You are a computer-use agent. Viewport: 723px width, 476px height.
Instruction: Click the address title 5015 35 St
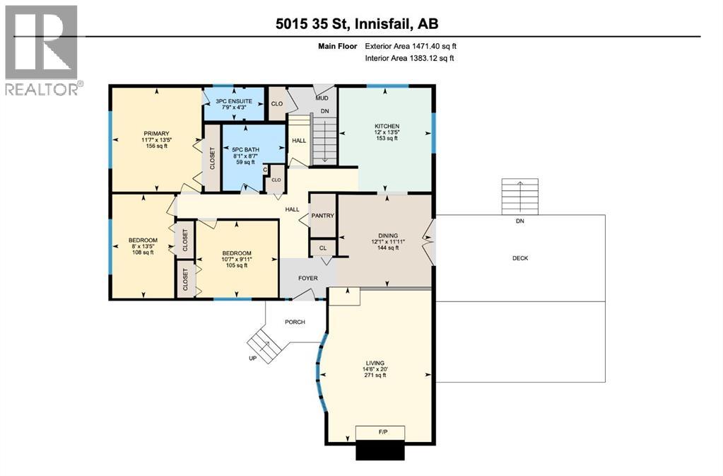pyautogui.click(x=357, y=23)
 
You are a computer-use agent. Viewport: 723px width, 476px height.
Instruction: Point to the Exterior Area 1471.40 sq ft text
pyautogui.click(x=416, y=46)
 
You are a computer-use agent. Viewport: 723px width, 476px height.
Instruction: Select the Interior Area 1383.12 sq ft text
pyautogui.click(x=409, y=58)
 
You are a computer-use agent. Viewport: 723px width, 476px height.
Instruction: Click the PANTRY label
pyautogui.click(x=322, y=216)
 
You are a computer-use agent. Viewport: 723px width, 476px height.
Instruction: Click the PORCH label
pyautogui.click(x=295, y=322)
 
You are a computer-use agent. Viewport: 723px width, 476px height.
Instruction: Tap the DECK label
pyautogui.click(x=520, y=258)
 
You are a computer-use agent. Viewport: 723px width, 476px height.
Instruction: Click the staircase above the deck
pyautogui.click(x=519, y=197)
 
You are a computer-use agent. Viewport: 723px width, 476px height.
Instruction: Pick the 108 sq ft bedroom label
pyautogui.click(x=143, y=246)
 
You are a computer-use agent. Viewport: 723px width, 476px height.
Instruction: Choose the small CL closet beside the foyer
pyautogui.click(x=322, y=248)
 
